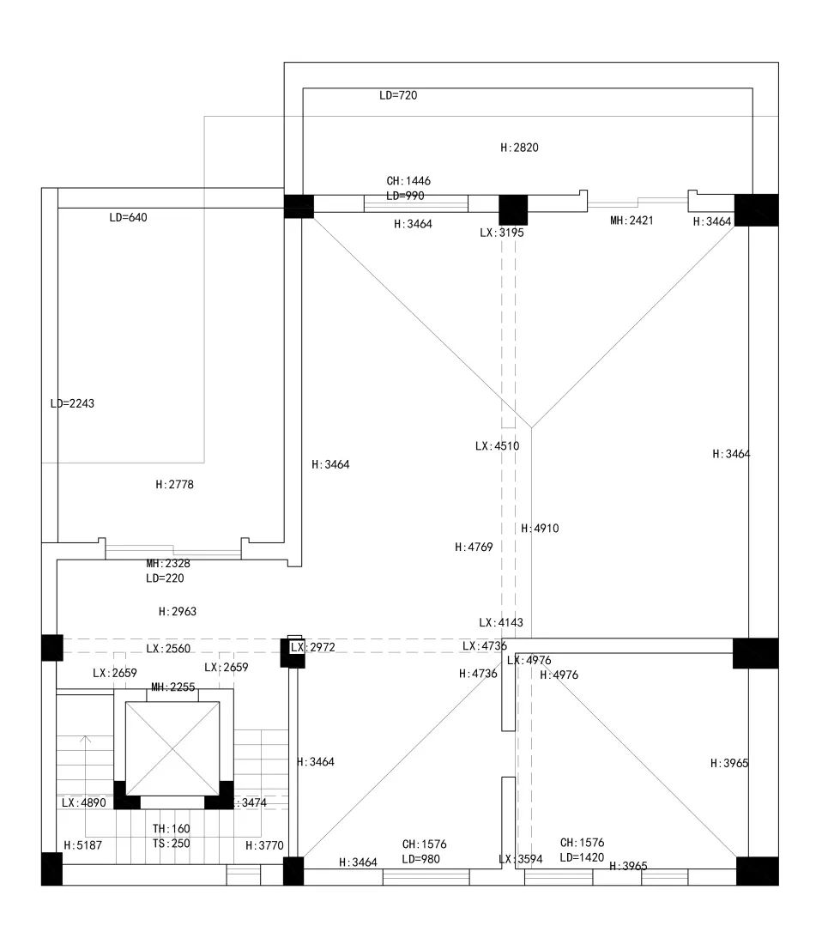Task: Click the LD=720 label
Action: (398, 95)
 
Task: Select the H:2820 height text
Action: (519, 148)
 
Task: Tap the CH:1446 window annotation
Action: (408, 181)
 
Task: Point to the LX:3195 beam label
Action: (501, 233)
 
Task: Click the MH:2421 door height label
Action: (632, 221)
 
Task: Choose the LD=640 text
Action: (128, 218)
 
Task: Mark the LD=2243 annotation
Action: (72, 403)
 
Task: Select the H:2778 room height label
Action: (174, 485)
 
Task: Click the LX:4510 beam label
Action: (497, 446)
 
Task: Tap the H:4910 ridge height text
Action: (540, 529)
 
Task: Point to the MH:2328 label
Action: (168, 564)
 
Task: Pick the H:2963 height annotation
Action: (178, 612)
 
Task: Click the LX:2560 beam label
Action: (168, 649)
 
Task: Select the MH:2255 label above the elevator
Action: (172, 687)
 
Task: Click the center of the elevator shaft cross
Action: (172, 748)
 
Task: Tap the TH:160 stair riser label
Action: (172, 829)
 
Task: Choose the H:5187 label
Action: (82, 845)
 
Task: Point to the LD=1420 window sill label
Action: (583, 857)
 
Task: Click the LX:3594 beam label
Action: (520, 859)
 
